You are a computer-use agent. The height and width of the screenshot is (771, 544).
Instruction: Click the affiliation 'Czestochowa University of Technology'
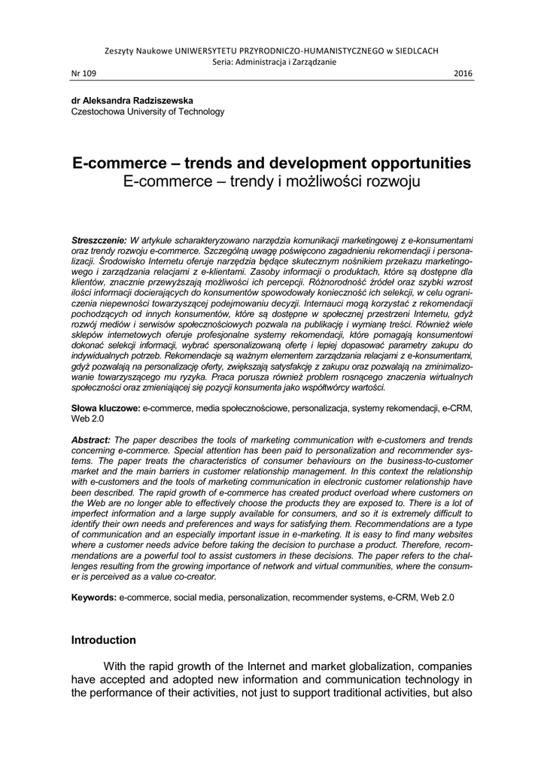tap(147, 111)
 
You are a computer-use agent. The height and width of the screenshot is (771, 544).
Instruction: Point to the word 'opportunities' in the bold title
tap(407, 163)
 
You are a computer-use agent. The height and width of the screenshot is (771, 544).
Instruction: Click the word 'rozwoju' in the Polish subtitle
tap(387, 182)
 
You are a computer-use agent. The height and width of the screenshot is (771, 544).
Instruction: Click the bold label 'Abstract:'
tap(91, 440)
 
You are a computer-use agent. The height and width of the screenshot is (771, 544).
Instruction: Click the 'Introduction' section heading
tap(104, 640)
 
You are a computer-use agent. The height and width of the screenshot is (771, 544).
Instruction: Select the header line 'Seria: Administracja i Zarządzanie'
tap(272, 62)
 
